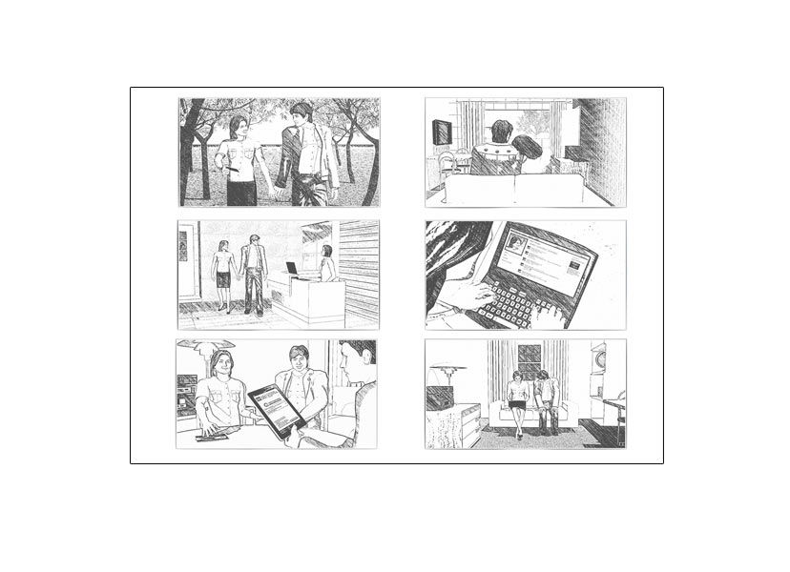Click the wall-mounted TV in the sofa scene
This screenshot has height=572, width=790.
[x=443, y=132]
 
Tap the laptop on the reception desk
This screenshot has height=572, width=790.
[x=291, y=269]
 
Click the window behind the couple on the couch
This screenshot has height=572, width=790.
[x=530, y=359]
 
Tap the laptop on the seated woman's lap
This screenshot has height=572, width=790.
[x=516, y=404]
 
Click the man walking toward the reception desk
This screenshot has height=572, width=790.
[x=253, y=273]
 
